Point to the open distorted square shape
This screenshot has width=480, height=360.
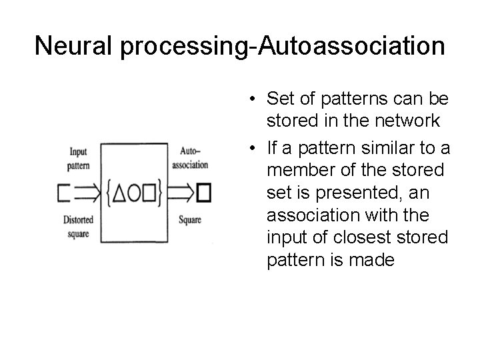pyautogui.click(x=65, y=193)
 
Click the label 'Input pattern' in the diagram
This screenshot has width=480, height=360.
pyautogui.click(x=79, y=157)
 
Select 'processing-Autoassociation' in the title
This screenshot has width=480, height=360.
pyautogui.click(x=287, y=46)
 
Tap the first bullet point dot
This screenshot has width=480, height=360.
pyautogui.click(x=247, y=100)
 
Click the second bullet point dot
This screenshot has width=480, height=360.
pyautogui.click(x=247, y=147)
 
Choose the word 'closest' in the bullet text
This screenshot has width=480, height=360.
pyautogui.click(x=371, y=237)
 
